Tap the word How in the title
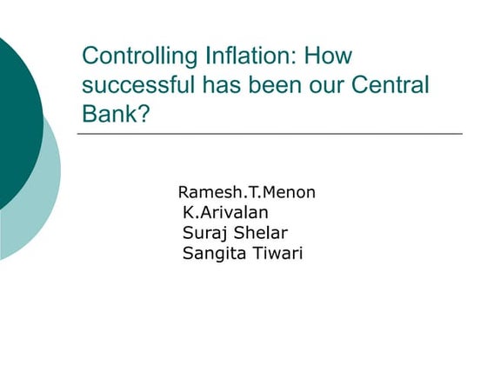(331, 56)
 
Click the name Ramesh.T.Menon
(246, 192)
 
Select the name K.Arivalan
(226, 212)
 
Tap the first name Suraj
(203, 233)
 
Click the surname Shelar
(260, 233)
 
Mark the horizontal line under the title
(270, 134)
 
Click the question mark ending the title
(143, 114)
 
